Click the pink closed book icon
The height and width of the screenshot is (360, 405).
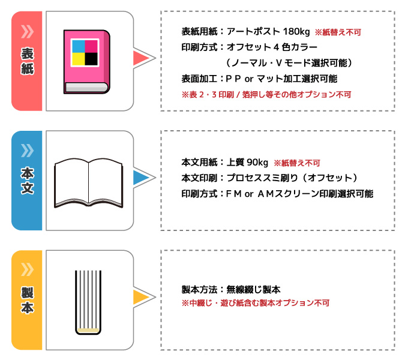pyautogui.click(x=87, y=62)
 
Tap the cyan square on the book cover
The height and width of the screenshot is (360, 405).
pyautogui.click(x=78, y=46)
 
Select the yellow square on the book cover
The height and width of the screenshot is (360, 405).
pyautogui.click(x=78, y=59)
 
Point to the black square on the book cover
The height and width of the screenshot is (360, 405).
pyautogui.click(x=91, y=59)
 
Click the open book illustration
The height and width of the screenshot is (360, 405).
pyautogui.click(x=89, y=183)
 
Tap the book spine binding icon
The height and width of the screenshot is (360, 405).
pyautogui.click(x=88, y=302)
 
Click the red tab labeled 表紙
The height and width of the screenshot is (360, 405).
pyautogui.click(x=27, y=61)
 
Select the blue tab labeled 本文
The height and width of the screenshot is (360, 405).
pyautogui.click(x=27, y=181)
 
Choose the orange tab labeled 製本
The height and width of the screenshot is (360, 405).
pyautogui.click(x=27, y=300)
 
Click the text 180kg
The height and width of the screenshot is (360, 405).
pyautogui.click(x=296, y=32)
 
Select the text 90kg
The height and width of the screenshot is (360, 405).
pyautogui.click(x=257, y=163)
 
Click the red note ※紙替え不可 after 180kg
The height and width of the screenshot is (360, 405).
pyautogui.click(x=338, y=32)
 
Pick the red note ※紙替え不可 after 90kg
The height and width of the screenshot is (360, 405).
pyautogui.click(x=297, y=163)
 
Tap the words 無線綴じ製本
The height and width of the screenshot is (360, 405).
pyautogui.click(x=253, y=289)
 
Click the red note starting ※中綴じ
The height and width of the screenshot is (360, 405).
pyautogui.click(x=256, y=303)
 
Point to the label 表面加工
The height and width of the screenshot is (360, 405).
pyautogui.click(x=199, y=79)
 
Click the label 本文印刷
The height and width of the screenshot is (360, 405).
pyautogui.click(x=199, y=178)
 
